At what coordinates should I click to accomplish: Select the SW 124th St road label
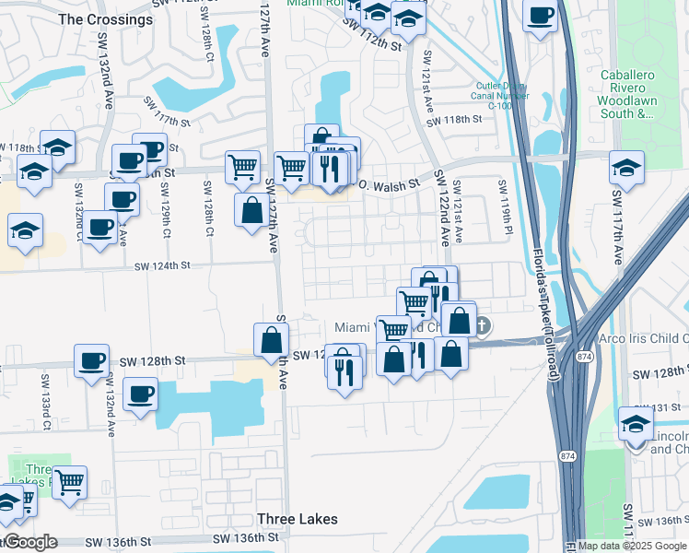[161, 266]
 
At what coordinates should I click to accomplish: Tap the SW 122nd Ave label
[442, 207]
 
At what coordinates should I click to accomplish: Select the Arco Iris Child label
[643, 338]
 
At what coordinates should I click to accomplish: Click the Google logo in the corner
[29, 543]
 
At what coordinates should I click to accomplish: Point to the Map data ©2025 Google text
[632, 546]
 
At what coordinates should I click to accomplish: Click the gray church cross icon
[483, 326]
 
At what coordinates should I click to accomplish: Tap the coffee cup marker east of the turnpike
[541, 16]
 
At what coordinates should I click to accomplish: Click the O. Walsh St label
[387, 183]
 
